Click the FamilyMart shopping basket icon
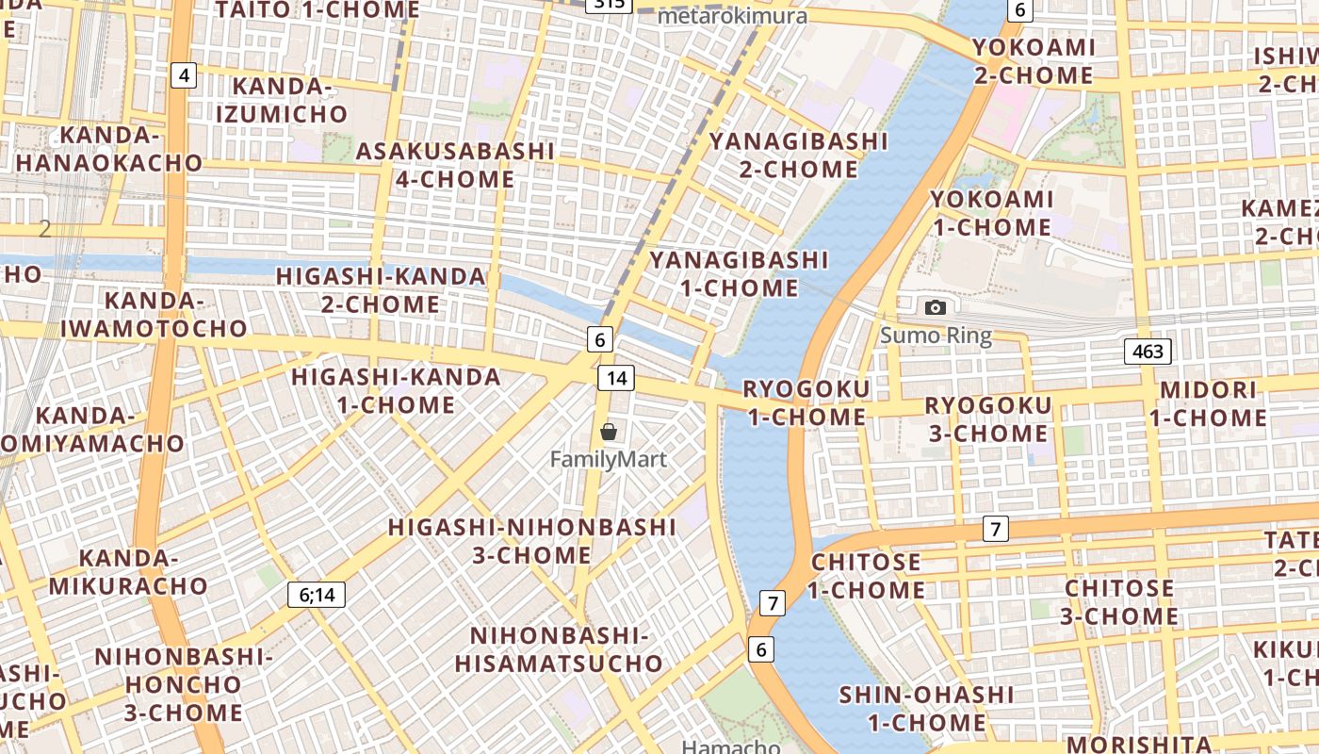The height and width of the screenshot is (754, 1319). [x=609, y=433]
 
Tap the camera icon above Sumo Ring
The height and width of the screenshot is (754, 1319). [x=935, y=307]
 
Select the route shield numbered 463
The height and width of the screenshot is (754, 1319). [x=1148, y=352]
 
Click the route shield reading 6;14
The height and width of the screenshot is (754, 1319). [x=317, y=595]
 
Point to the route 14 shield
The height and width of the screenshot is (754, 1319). [x=616, y=378]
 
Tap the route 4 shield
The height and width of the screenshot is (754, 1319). [x=184, y=74]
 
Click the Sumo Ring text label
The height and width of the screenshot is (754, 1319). [x=936, y=336]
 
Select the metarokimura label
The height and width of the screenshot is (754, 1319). [x=732, y=16]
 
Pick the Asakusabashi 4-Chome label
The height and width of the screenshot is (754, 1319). [x=455, y=165]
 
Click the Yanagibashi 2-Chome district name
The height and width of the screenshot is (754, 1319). [x=798, y=156]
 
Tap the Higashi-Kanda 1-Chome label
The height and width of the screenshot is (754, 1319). [x=396, y=391]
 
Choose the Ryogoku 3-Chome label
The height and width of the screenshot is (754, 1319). [x=987, y=419]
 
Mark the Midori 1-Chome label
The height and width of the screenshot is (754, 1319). [x=1208, y=403]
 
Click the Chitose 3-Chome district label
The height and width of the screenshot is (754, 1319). [x=1119, y=602]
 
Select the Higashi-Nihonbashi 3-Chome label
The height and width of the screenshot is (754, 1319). [x=531, y=540]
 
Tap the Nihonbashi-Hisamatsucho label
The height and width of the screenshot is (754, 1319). [x=559, y=648]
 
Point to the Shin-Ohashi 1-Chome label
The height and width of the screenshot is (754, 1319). [x=926, y=709]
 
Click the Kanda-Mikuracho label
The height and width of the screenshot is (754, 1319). [x=128, y=571]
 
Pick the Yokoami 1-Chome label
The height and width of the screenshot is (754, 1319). [x=991, y=213]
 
